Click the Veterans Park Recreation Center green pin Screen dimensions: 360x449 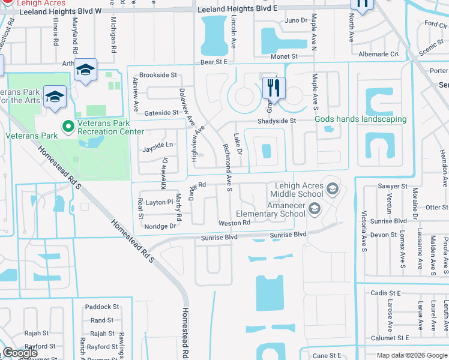tap(68, 127)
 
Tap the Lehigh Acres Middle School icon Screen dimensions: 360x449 tap(331, 190)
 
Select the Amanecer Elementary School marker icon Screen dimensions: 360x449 tap(313, 209)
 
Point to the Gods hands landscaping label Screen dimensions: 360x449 tap(361, 119)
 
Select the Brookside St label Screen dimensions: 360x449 tap(158, 76)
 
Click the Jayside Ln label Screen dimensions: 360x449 tap(157, 145)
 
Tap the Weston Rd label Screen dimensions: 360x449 tap(234, 223)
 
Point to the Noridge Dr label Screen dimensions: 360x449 tap(160, 226)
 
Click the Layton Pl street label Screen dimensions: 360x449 tap(159, 203)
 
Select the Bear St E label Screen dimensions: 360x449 tap(215, 62)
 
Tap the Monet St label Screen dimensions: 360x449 tap(285, 56)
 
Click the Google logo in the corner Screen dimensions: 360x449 tap(21, 353)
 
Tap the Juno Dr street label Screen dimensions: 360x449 tap(296, 21)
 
